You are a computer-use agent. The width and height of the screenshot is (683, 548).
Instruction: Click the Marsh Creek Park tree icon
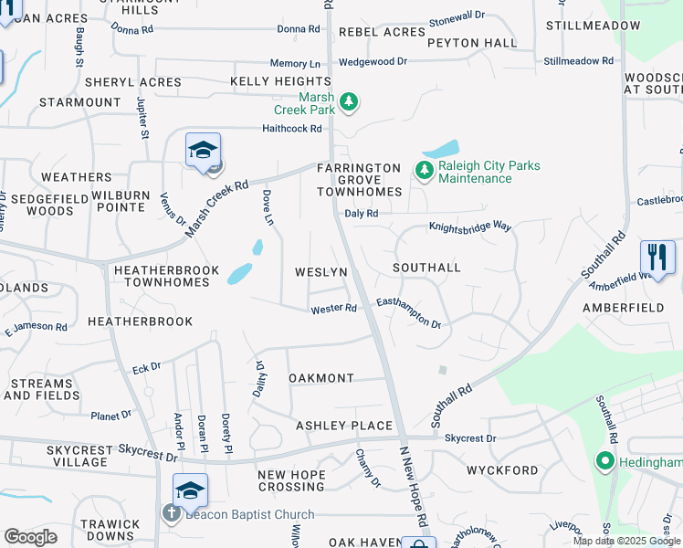coord(350,101)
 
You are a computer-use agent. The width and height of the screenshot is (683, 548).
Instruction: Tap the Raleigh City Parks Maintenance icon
coord(424,170)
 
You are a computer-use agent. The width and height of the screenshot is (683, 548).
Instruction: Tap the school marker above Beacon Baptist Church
coord(190,491)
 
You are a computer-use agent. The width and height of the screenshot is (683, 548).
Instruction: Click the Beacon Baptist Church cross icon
coord(171,513)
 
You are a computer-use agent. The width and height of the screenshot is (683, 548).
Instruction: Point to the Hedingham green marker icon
coord(604,462)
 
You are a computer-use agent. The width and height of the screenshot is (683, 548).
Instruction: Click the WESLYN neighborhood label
coord(320,273)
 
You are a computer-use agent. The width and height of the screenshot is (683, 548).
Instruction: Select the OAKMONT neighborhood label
coord(320,378)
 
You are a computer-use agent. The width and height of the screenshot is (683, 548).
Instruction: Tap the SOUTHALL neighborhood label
coord(426,268)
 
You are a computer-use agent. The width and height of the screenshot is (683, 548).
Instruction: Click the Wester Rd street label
coord(333,309)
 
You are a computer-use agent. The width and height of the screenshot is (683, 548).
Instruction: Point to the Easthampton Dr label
coord(409,312)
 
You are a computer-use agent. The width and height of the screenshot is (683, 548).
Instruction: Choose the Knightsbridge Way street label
coord(470,225)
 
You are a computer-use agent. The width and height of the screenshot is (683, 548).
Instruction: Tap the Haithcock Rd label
coord(292,129)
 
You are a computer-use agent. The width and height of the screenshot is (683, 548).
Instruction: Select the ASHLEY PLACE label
coord(344,426)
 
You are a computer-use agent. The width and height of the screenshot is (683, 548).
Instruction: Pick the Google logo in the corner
coord(30,537)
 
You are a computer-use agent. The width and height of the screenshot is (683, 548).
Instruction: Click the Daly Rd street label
coord(361,213)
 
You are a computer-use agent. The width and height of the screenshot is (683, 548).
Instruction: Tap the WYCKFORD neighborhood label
coord(502,470)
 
